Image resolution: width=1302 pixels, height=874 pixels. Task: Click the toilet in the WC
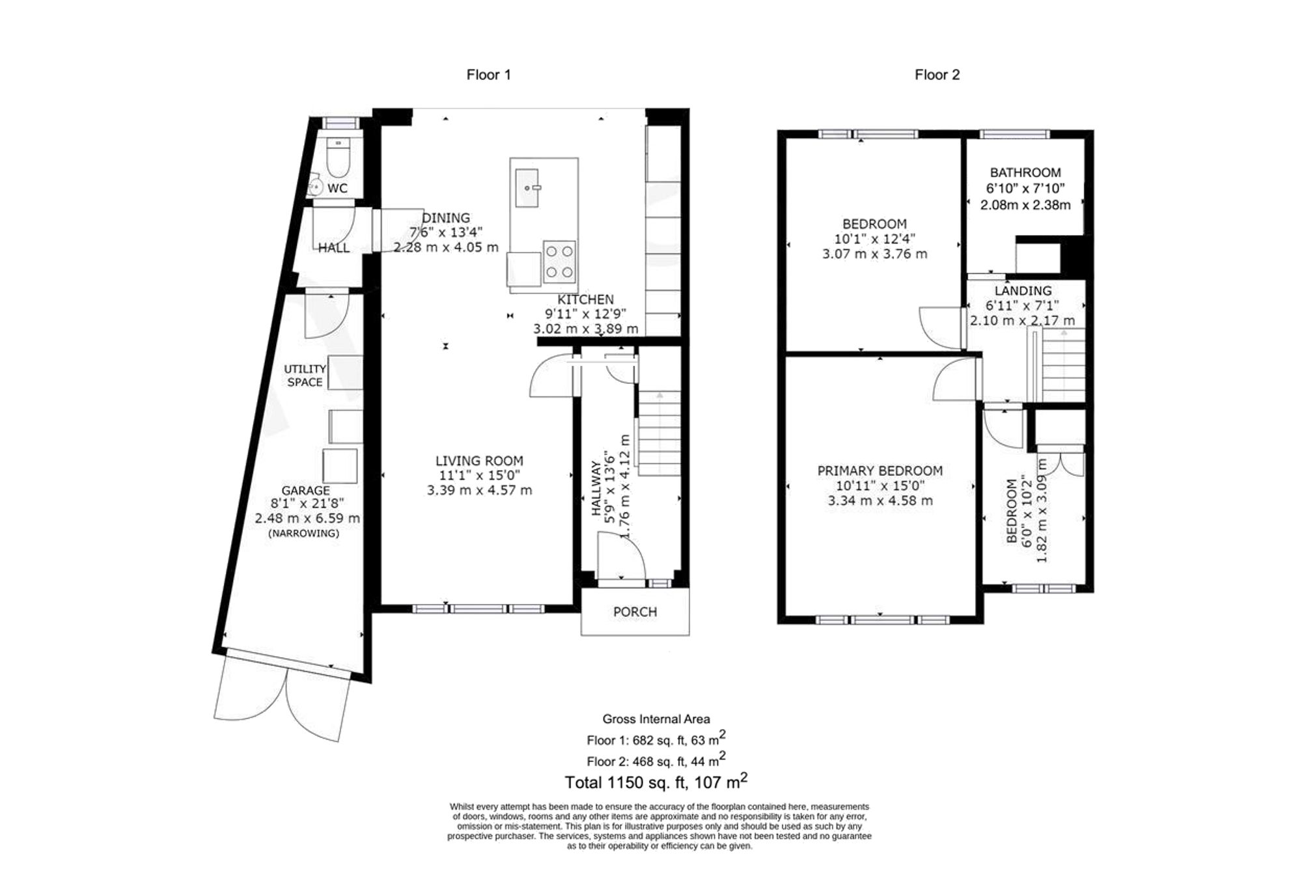[x=337, y=160]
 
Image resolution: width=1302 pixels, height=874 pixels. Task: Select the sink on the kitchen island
[x=527, y=187]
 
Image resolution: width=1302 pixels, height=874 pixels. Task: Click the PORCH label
[x=635, y=612]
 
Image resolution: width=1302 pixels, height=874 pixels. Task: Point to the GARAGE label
[x=305, y=490]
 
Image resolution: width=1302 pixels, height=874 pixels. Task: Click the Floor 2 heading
[x=937, y=75]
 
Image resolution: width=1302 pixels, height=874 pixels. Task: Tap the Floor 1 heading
[x=488, y=75]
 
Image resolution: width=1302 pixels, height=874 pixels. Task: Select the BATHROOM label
[x=1025, y=172]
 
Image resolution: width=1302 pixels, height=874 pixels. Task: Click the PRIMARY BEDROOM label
[x=880, y=471]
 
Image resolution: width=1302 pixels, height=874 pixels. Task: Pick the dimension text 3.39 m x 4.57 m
[x=479, y=490]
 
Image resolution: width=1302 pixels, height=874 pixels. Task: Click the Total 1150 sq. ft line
[x=656, y=782]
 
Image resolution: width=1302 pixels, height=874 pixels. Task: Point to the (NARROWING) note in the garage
[x=303, y=533]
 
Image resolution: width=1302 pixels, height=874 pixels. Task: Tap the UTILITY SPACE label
[x=305, y=376]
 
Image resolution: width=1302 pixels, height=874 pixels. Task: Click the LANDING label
[x=1023, y=291]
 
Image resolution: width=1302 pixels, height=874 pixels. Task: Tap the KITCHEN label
[x=585, y=299]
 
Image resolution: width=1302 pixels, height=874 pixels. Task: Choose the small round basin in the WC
[x=316, y=186]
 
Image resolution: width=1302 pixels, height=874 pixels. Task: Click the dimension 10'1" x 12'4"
[x=874, y=239]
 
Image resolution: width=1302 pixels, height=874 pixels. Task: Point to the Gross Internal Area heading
[x=656, y=719]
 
